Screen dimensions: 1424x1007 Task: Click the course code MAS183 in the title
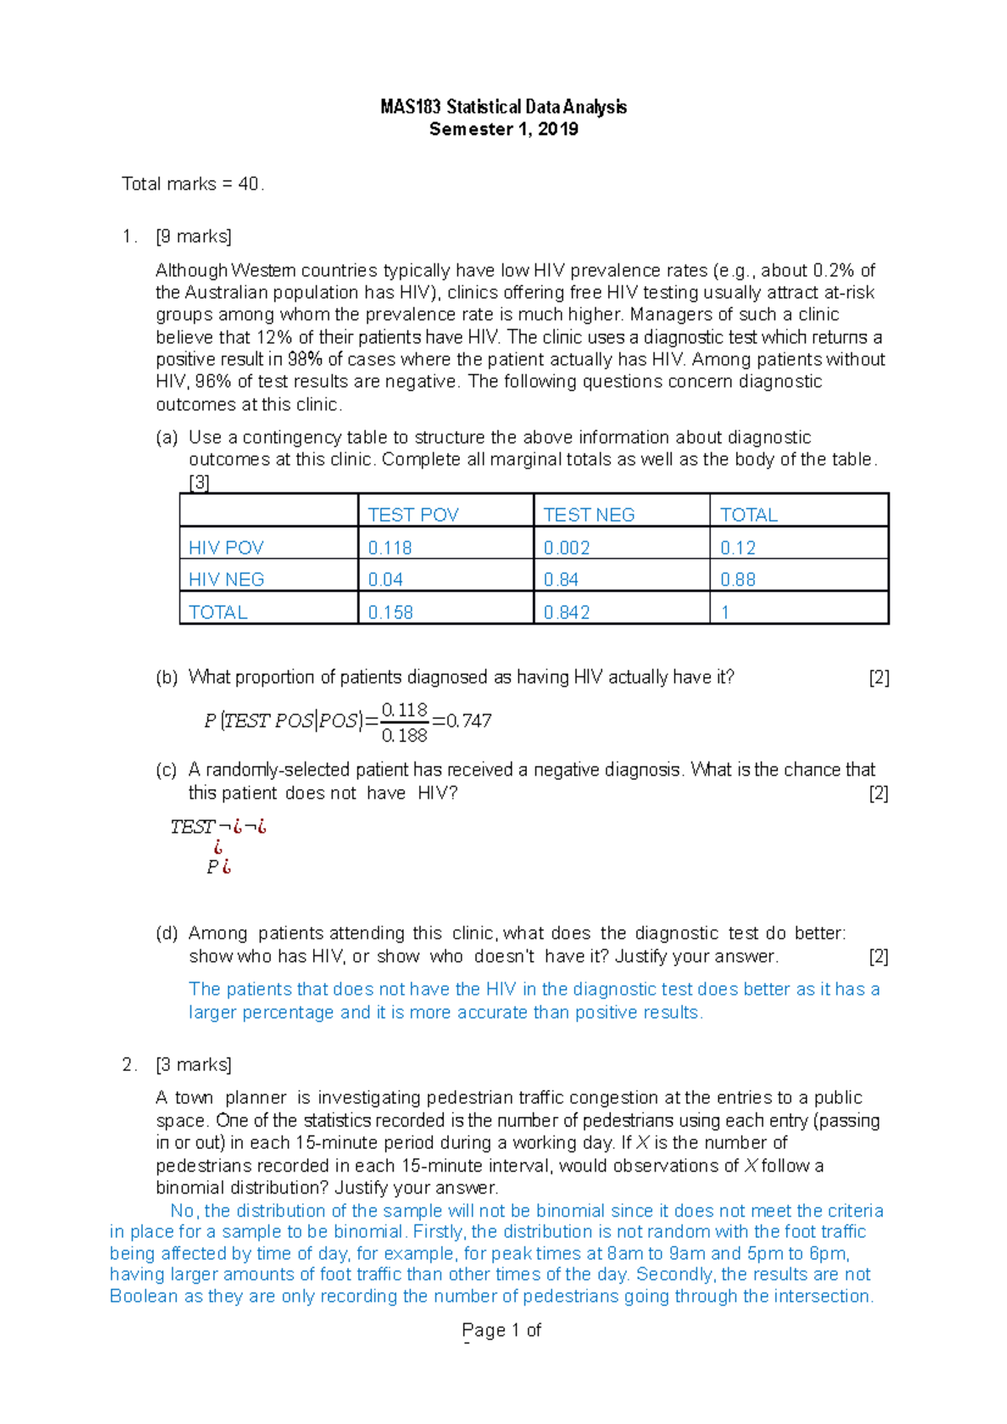(410, 107)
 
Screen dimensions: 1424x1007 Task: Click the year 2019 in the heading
(558, 129)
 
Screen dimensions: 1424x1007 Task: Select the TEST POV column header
(413, 515)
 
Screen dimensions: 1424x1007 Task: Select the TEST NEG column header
(588, 515)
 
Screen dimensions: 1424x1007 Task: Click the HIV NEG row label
(226, 579)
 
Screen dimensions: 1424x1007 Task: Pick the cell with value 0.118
(389, 548)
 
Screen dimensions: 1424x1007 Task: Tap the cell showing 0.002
(566, 548)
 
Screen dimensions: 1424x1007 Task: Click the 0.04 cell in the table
(385, 579)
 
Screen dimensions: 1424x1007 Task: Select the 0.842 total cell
(566, 612)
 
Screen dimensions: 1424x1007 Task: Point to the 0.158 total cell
(390, 612)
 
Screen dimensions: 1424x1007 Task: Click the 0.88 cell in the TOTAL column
(738, 579)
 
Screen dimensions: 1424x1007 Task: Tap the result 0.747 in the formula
(468, 721)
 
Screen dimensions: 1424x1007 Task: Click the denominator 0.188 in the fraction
(404, 736)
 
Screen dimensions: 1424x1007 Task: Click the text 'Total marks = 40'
(192, 184)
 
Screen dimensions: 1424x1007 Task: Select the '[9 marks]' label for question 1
(194, 236)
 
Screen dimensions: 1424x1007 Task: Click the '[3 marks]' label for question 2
(194, 1065)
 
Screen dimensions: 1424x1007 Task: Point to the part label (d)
(167, 933)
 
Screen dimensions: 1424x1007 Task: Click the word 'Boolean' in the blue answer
(143, 1297)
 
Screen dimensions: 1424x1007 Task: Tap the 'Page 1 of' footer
(501, 1330)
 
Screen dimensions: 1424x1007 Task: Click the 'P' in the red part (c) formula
(212, 867)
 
